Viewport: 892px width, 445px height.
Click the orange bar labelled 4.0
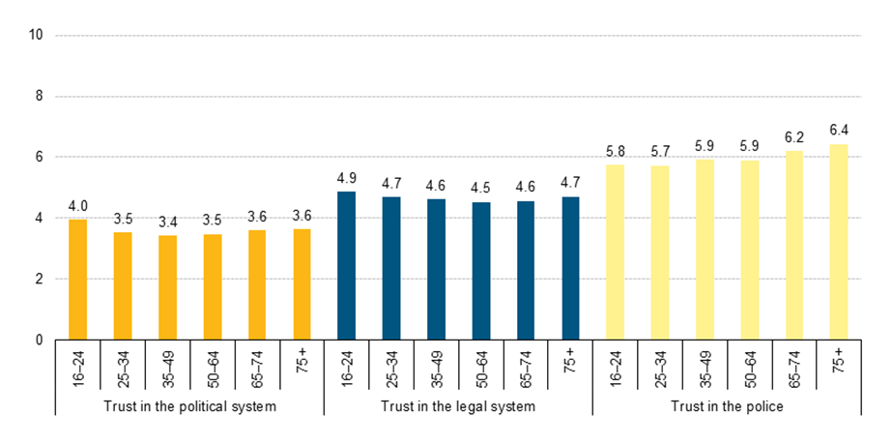77,280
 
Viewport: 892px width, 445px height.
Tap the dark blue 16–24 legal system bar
346,266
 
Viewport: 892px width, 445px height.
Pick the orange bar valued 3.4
167,287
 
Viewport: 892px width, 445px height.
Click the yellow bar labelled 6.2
794,246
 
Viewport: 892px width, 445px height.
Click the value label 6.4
839,130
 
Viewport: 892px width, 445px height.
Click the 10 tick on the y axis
38,35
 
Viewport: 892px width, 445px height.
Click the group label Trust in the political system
189,406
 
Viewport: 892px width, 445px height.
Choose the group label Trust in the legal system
458,406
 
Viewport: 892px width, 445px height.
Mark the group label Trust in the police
727,406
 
